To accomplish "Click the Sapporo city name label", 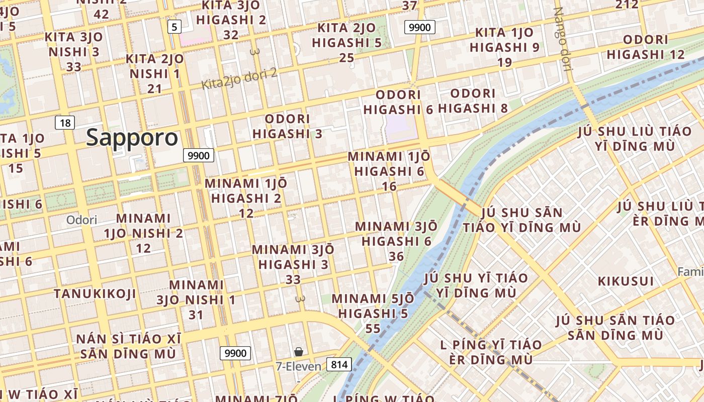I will [x=132, y=137].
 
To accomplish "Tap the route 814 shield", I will [x=339, y=364].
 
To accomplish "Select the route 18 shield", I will [x=64, y=123].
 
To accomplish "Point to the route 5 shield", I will [x=174, y=27].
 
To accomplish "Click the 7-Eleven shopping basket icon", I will [x=299, y=352].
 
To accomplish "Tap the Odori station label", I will [x=81, y=220].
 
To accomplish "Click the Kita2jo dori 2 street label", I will [x=239, y=79].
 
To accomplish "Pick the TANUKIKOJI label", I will [x=95, y=293].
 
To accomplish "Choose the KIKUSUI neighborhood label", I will [x=626, y=281].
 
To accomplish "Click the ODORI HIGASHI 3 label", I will [x=288, y=126].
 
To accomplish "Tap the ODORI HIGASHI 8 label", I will [x=474, y=100].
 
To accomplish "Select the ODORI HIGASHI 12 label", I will [x=646, y=47].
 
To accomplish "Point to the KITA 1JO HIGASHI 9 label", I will [x=504, y=47].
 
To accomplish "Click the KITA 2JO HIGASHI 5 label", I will [x=346, y=43].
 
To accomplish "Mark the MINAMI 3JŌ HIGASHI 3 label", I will [x=293, y=264].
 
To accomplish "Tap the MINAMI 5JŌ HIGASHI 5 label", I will [x=373, y=313].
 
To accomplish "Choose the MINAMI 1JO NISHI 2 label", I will [x=143, y=233].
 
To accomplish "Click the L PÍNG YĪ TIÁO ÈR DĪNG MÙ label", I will [x=491, y=352].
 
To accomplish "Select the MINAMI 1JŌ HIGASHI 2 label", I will [x=246, y=198].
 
